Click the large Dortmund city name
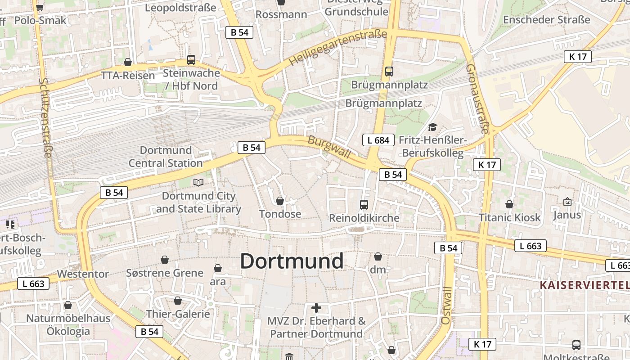[292, 261]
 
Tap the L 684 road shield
[378, 140]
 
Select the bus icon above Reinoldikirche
[364, 205]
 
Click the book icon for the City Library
[198, 182]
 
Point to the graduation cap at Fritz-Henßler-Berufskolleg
[432, 127]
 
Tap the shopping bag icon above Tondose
[280, 201]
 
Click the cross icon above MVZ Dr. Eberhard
[316, 308]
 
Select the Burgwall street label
[329, 147]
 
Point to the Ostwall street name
[445, 306]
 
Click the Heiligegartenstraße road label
[338, 47]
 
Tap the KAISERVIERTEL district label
[584, 285]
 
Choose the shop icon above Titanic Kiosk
[509, 204]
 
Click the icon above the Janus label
[567, 201]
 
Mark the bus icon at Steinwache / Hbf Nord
[191, 59]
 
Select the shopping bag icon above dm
[378, 256]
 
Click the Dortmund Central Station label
[166, 157]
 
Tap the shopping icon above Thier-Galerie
[178, 301]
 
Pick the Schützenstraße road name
[45, 117]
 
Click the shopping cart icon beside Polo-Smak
[40, 7]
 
